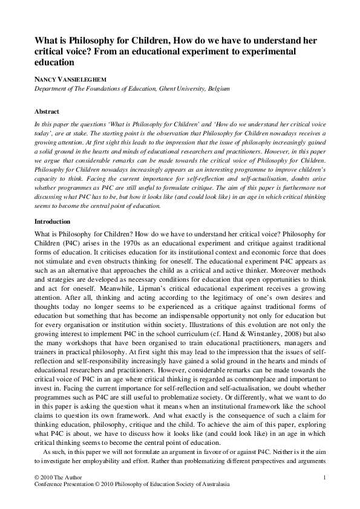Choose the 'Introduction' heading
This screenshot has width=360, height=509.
pos(52,221)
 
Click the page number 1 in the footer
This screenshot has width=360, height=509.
pos(325,478)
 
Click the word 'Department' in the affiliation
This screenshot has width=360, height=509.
pos(50,89)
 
